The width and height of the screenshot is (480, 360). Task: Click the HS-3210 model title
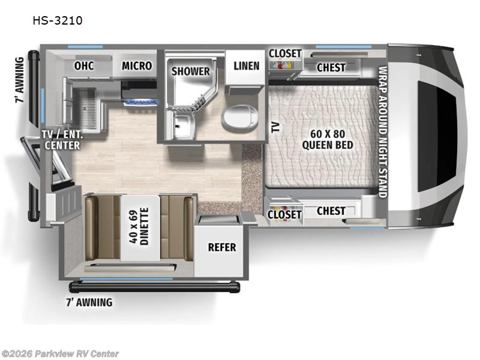point(58,20)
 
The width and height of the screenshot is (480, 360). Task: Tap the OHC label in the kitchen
point(84,66)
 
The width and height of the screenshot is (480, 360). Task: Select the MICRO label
point(137,66)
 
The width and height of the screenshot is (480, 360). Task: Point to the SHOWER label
point(191,71)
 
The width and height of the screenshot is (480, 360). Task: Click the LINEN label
point(246,65)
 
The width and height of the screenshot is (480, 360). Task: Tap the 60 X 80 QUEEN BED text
point(327,139)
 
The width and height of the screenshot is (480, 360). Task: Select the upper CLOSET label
point(284,53)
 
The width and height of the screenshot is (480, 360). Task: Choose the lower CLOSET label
point(284,214)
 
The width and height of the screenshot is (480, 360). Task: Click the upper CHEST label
point(331,67)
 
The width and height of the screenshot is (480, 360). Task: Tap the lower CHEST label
point(331,211)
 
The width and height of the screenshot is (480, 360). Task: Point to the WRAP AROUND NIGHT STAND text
point(383,131)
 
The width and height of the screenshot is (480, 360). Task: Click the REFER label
point(221,247)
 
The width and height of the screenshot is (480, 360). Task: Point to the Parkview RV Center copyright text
point(60,354)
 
